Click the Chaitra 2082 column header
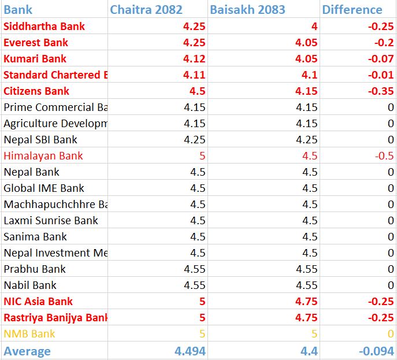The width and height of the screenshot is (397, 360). (x=146, y=10)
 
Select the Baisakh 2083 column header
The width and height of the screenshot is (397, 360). (x=248, y=10)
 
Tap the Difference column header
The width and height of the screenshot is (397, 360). (x=352, y=10)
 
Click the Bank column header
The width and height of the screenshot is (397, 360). (x=18, y=10)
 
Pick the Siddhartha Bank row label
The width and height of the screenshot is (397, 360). (x=44, y=26)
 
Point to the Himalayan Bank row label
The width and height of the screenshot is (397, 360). (x=43, y=155)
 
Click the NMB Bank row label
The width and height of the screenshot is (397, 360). (x=29, y=333)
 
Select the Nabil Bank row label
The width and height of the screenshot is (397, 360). (x=30, y=285)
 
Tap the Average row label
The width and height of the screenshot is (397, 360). (x=27, y=351)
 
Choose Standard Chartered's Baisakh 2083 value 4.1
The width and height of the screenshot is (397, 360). (x=309, y=75)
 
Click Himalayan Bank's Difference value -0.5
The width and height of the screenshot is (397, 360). (x=384, y=155)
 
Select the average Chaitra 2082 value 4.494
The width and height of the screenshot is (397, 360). (x=190, y=351)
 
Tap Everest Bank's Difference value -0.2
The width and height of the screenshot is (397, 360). (x=384, y=42)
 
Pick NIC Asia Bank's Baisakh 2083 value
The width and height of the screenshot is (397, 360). (x=307, y=301)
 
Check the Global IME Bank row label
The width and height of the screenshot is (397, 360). (x=44, y=188)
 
